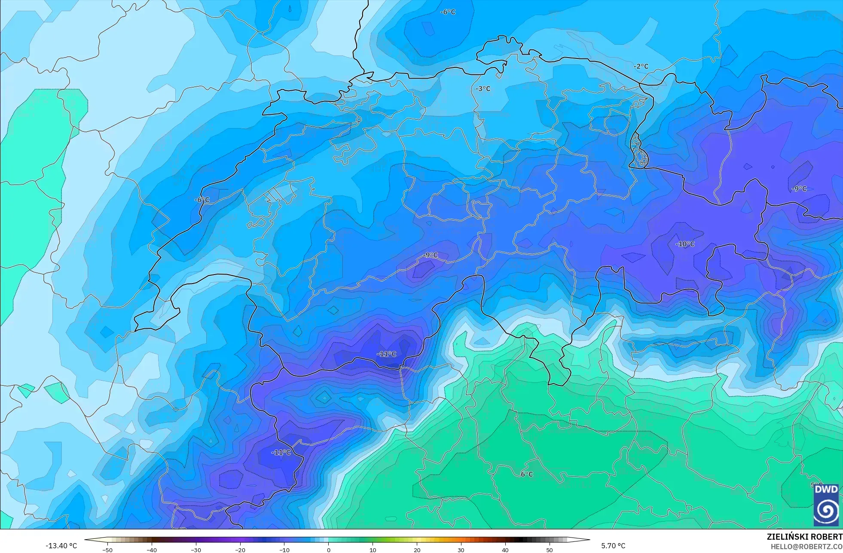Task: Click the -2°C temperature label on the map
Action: pyautogui.click(x=641, y=66)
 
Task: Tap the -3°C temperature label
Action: pyautogui.click(x=483, y=89)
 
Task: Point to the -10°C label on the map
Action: pyautogui.click(x=685, y=244)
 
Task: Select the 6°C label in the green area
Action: pyautogui.click(x=527, y=474)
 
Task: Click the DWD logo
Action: pyautogui.click(x=826, y=505)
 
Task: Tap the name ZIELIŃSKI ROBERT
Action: pyautogui.click(x=804, y=537)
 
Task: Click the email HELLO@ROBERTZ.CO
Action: pyautogui.click(x=806, y=547)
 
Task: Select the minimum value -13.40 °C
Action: pyautogui.click(x=61, y=546)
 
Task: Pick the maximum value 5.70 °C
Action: pyautogui.click(x=613, y=546)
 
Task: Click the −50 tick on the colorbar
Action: pyautogui.click(x=107, y=550)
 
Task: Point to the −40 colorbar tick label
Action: pyautogui.click(x=152, y=550)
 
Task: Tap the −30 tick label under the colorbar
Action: pyautogui.click(x=196, y=550)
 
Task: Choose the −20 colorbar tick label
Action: pyautogui.click(x=240, y=550)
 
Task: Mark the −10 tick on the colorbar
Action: pyautogui.click(x=284, y=550)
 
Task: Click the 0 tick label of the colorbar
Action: pyautogui.click(x=329, y=550)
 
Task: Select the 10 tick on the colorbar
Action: pyautogui.click(x=373, y=550)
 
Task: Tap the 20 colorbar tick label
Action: pyautogui.click(x=417, y=550)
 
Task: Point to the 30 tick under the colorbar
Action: pyautogui.click(x=461, y=550)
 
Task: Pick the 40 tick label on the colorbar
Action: pyautogui.click(x=505, y=550)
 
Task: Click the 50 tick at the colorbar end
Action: pyautogui.click(x=550, y=550)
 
